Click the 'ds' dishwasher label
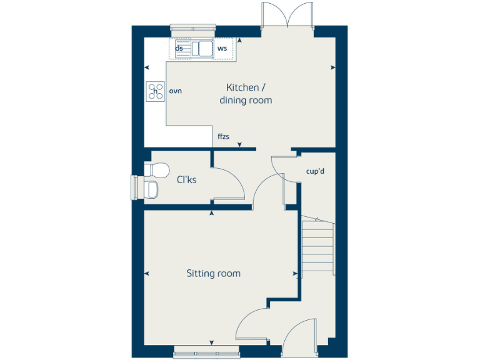point(179,48)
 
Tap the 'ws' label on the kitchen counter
point(222,48)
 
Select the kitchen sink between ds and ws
point(201,48)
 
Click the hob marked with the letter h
point(155,91)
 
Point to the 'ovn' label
point(176,92)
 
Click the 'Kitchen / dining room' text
point(246,94)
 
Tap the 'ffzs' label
point(224,136)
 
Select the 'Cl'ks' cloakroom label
point(186,180)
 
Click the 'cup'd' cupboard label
point(315,171)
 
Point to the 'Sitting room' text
point(213,274)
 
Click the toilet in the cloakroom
point(156,170)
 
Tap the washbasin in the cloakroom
point(151,189)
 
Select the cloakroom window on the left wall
point(134,187)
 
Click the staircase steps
point(318,247)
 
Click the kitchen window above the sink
point(193,28)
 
